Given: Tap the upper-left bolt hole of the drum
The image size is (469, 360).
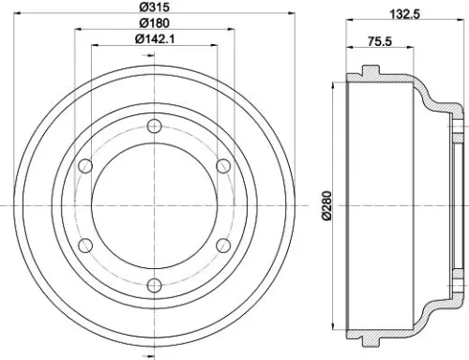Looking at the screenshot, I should (85, 167).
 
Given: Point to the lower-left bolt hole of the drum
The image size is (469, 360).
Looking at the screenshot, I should (85, 246).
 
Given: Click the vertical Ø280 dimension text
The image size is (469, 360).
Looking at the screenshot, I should (325, 205).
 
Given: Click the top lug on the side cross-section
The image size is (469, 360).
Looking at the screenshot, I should (370, 70).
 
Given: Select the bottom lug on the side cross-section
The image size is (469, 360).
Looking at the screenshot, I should (370, 340).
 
